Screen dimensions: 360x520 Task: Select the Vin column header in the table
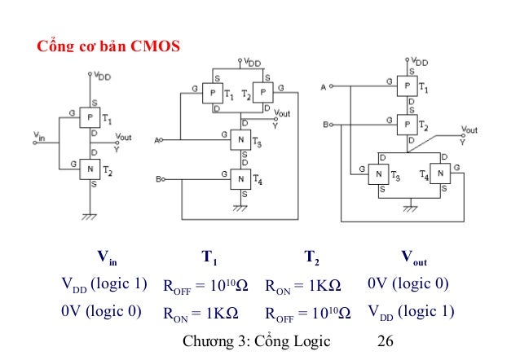pyautogui.click(x=108, y=260)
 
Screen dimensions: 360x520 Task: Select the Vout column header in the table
pyautogui.click(x=413, y=260)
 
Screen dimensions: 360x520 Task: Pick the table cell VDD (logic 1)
pyautogui.click(x=104, y=284)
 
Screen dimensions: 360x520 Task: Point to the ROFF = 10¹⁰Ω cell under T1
pyautogui.click(x=207, y=286)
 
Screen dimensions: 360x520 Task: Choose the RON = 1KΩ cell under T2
pyautogui.click(x=303, y=286)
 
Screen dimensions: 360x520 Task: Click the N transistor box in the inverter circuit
pyautogui.click(x=90, y=169)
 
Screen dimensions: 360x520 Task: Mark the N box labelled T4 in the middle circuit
pyautogui.click(x=240, y=178)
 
